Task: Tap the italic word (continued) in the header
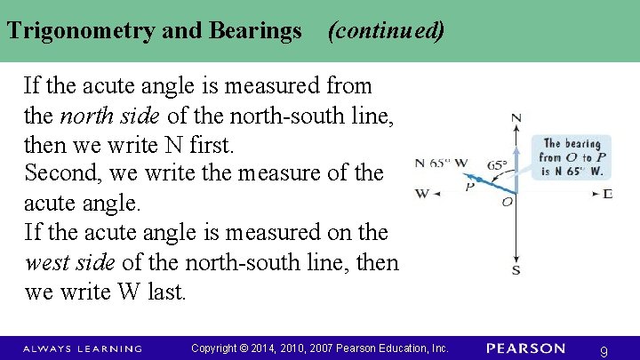click(386, 31)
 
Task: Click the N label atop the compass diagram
click(516, 117)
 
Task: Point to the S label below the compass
click(516, 269)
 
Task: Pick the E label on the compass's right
click(607, 193)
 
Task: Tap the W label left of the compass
click(422, 193)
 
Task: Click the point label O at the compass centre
click(508, 203)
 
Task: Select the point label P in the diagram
click(469, 186)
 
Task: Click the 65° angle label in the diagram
click(497, 164)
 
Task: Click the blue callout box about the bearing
click(572, 157)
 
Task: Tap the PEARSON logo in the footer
click(525, 348)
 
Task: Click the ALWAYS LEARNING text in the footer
click(82, 348)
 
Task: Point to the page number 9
click(604, 351)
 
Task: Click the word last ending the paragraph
click(167, 292)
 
